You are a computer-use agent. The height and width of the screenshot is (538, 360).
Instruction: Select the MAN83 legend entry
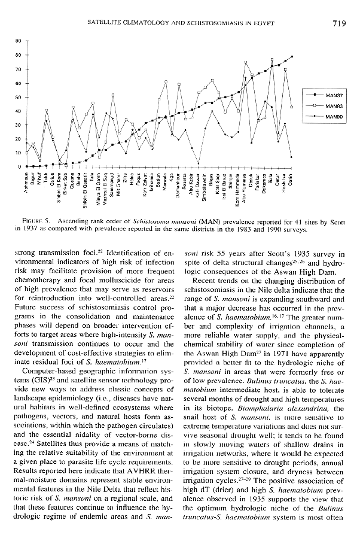(334, 106)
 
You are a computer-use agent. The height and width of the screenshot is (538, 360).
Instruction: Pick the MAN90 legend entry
(334, 117)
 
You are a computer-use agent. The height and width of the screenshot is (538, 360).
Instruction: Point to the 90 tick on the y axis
(19, 41)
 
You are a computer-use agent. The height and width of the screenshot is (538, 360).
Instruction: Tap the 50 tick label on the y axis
(19, 97)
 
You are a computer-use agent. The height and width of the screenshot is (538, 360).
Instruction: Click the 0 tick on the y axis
(20, 166)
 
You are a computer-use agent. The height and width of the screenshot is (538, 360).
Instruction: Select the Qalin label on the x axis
(291, 180)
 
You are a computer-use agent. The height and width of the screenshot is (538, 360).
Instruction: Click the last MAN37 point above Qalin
(291, 56)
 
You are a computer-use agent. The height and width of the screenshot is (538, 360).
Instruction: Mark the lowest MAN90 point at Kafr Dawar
(198, 163)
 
